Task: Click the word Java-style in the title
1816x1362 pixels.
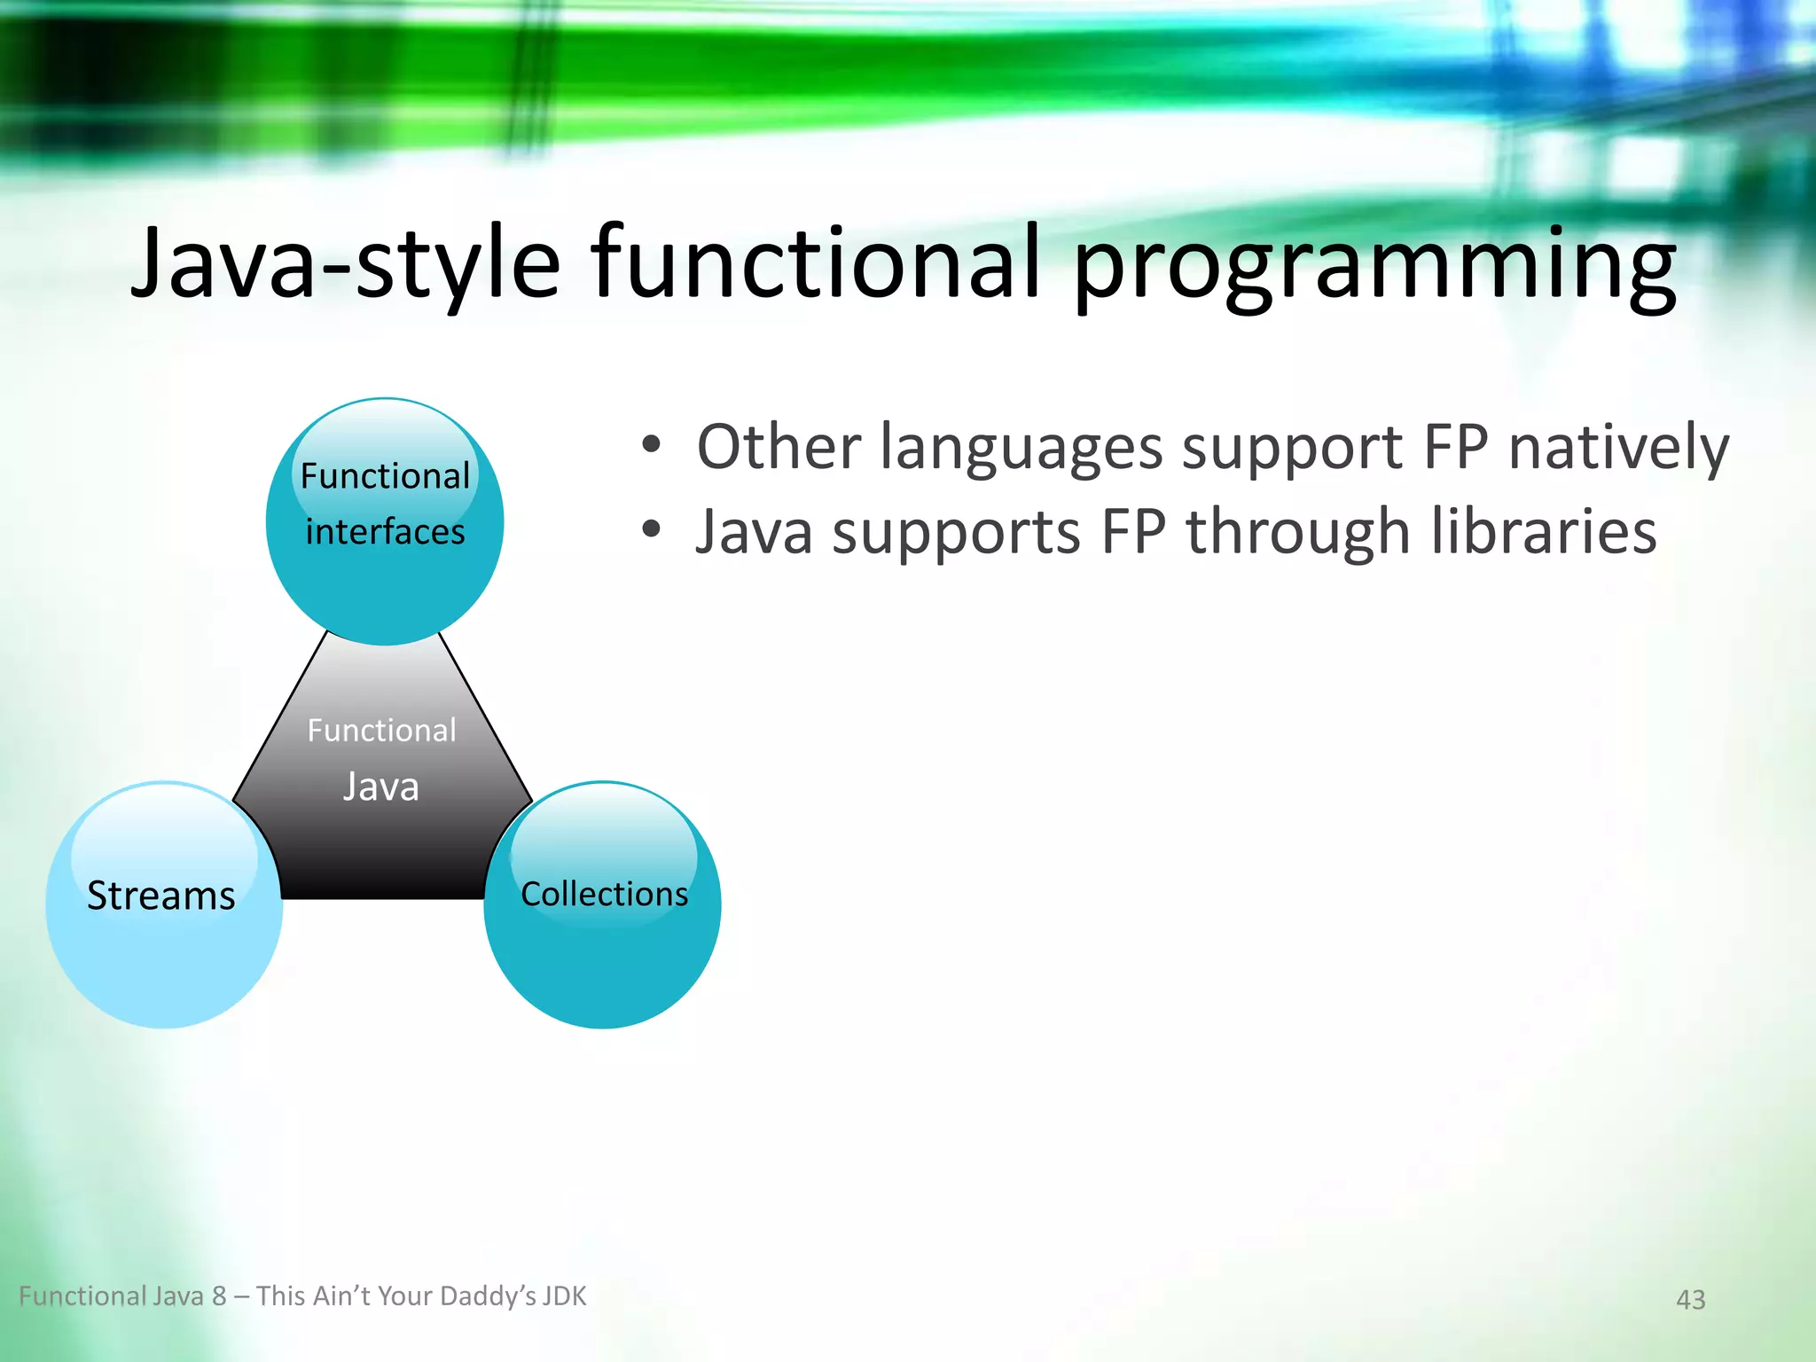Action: pyautogui.click(x=346, y=263)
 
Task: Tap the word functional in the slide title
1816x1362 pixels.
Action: pyautogui.click(x=816, y=263)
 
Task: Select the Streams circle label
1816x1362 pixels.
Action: pyautogui.click(x=161, y=896)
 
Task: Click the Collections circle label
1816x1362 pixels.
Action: pyautogui.click(x=604, y=894)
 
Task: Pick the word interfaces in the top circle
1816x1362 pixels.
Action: pyautogui.click(x=385, y=532)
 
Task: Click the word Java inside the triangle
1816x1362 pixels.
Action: pyautogui.click(x=381, y=787)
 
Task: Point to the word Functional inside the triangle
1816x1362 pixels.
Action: pyautogui.click(x=381, y=731)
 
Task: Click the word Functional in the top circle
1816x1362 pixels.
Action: pyautogui.click(x=385, y=476)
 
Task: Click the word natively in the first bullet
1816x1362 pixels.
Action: pyautogui.click(x=1618, y=447)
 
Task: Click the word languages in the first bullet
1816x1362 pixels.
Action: pyautogui.click(x=1021, y=447)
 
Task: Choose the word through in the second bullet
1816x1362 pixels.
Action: pyautogui.click(x=1297, y=532)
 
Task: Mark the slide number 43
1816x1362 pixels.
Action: pyautogui.click(x=1690, y=1300)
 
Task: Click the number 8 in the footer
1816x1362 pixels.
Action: pyautogui.click(x=219, y=1296)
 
